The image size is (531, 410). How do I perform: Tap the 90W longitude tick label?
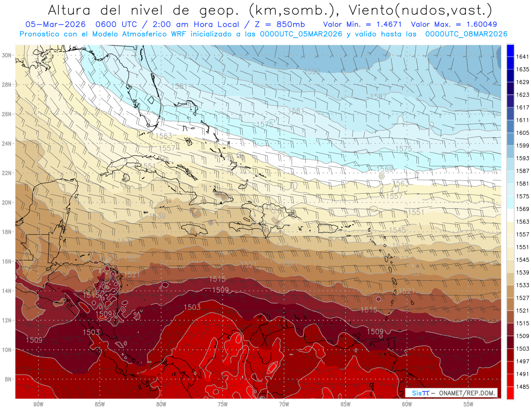[x=38, y=404]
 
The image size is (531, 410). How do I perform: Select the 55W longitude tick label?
[x=468, y=404]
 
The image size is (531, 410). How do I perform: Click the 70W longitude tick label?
[x=284, y=404]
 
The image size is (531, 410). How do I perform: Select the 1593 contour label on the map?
[x=312, y=71]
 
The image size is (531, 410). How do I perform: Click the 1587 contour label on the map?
[x=378, y=96]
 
